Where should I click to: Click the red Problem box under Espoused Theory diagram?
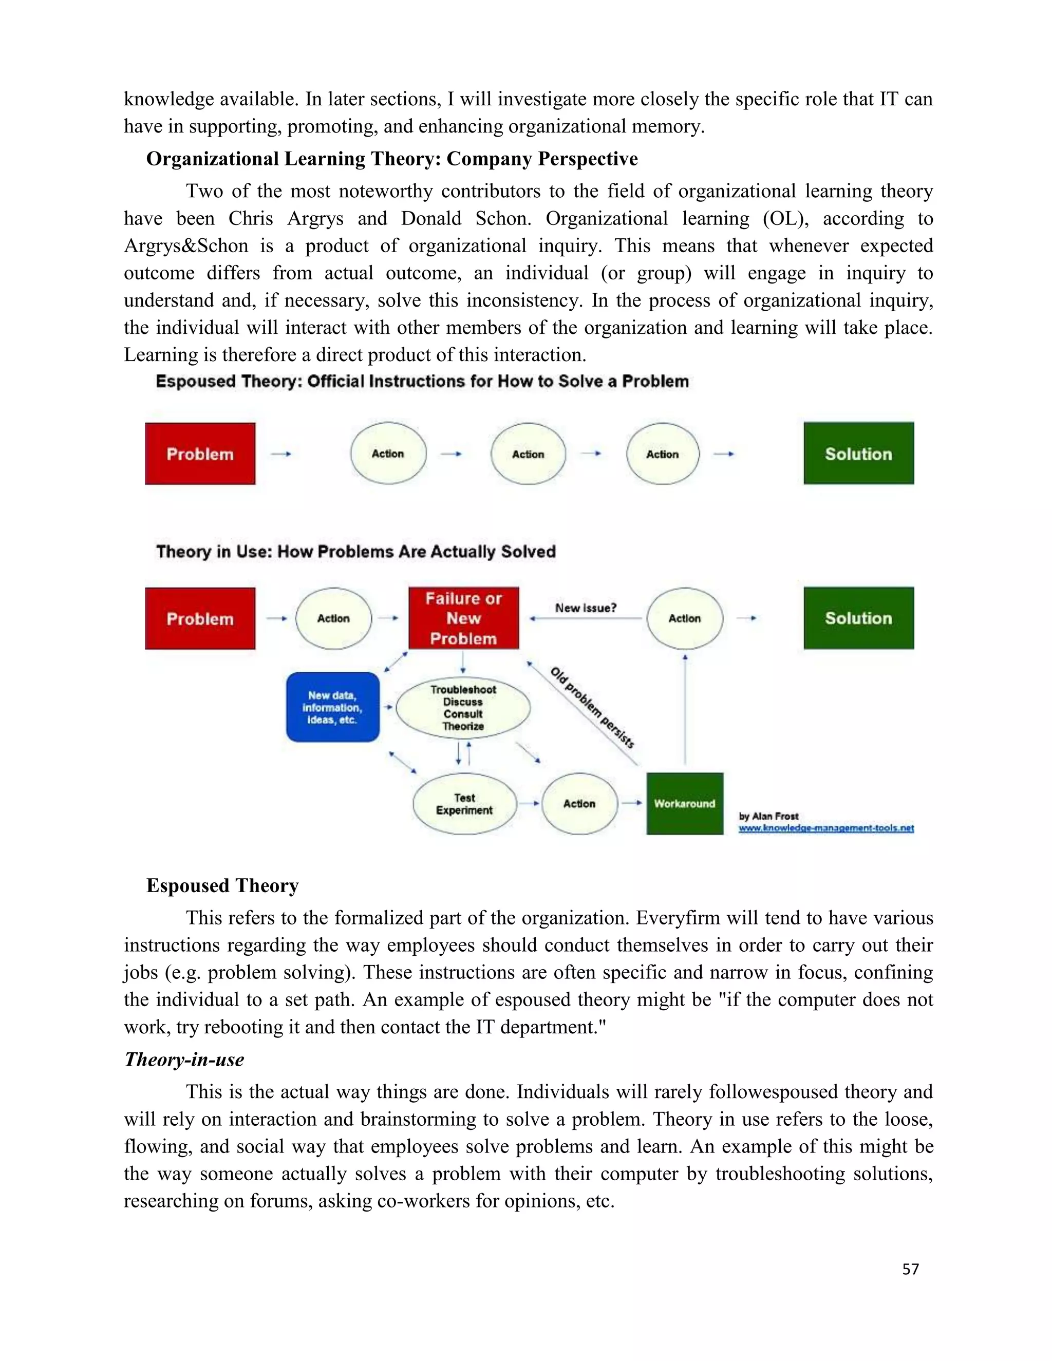[x=200, y=453]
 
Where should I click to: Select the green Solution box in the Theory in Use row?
[x=858, y=618]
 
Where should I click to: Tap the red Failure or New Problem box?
[x=463, y=618]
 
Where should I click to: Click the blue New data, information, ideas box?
[x=332, y=707]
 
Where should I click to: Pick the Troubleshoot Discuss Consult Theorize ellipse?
[x=463, y=708]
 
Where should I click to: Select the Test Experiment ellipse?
[x=464, y=804]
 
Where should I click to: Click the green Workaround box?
[x=684, y=804]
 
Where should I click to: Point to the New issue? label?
[x=585, y=608]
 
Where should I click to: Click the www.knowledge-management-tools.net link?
[x=826, y=828]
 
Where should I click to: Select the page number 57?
[x=911, y=1269]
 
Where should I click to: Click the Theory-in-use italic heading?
[x=184, y=1060]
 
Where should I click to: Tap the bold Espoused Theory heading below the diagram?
[x=222, y=885]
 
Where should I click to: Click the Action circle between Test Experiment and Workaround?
[x=579, y=804]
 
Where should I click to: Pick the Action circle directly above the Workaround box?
[x=684, y=618]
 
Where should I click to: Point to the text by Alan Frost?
[x=768, y=816]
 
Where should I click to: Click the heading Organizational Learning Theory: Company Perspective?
[x=392, y=159]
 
